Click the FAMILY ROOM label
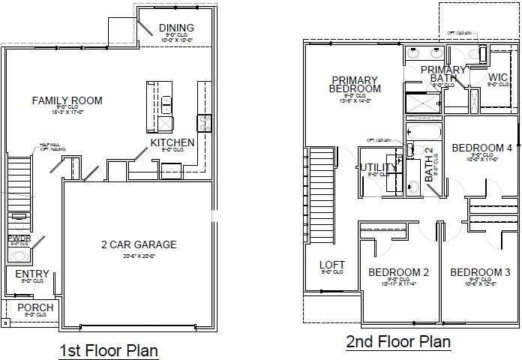67,100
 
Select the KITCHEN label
172,142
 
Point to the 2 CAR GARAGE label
139,244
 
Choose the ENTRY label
32,274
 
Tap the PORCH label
35,307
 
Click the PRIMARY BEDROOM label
356,84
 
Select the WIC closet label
499,76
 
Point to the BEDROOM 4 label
481,148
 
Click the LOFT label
332,265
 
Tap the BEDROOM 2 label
398,271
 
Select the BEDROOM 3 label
480,271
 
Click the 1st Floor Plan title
108,350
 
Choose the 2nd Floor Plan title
398,342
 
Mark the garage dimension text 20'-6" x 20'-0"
139,256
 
